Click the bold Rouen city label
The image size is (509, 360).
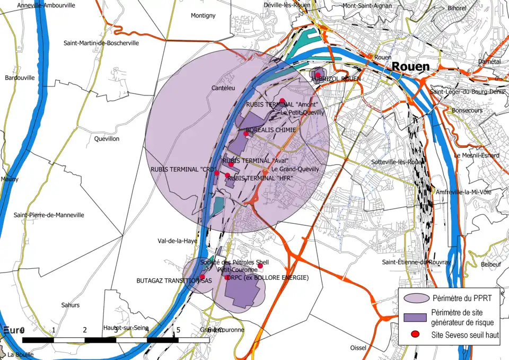point(410,67)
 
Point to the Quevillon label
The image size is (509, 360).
point(107,139)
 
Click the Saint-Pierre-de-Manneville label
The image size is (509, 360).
point(49,215)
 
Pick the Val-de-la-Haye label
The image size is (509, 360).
point(177,241)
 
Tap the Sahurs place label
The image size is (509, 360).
point(70,305)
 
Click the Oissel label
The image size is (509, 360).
point(358,348)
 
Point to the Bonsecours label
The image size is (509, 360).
point(467,110)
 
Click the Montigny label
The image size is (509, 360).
point(203,16)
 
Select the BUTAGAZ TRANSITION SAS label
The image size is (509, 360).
point(166,280)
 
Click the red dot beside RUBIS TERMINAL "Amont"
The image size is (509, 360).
point(283,101)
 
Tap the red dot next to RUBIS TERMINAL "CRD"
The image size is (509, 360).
point(216,173)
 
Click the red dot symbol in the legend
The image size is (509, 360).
point(415,334)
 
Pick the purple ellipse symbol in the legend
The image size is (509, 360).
point(415,298)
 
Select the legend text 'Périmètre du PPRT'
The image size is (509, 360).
point(460,298)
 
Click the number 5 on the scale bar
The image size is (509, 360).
point(178,330)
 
